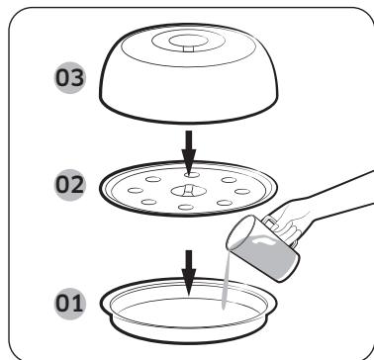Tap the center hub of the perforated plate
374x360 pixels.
coord(187,189)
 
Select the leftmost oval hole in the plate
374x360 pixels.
coord(126,186)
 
